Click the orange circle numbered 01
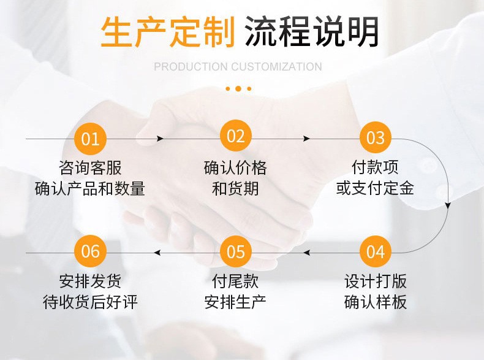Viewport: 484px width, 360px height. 90,139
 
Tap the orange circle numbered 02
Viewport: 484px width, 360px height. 236,136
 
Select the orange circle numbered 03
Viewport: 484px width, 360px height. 376,137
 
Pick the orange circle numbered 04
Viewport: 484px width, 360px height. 376,251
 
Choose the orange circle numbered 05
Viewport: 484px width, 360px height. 236,251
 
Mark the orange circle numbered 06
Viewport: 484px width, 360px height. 90,251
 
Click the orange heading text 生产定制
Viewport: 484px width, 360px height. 168,32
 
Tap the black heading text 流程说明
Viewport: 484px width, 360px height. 312,32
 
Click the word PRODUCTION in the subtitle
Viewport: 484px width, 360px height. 191,66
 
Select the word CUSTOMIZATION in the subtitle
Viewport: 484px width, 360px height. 276,66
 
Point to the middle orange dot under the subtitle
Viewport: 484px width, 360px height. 238,89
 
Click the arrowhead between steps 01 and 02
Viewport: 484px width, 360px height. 160,139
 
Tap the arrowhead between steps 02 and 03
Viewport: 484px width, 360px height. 306,139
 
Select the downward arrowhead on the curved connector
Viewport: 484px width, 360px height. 448,205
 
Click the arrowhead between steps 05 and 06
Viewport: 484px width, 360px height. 157,253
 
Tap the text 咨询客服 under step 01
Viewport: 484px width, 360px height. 90,168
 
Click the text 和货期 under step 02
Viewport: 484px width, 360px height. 235,188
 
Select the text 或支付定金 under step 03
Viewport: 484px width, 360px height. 375,188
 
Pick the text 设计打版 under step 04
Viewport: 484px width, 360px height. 376,281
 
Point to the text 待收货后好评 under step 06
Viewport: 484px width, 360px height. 90,302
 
